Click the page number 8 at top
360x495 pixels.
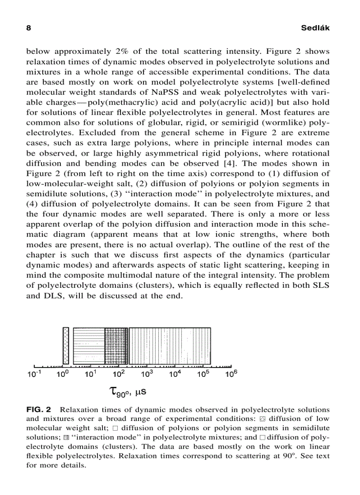point(29,28)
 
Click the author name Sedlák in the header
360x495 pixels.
point(315,28)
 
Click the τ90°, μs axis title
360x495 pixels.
point(131,391)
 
